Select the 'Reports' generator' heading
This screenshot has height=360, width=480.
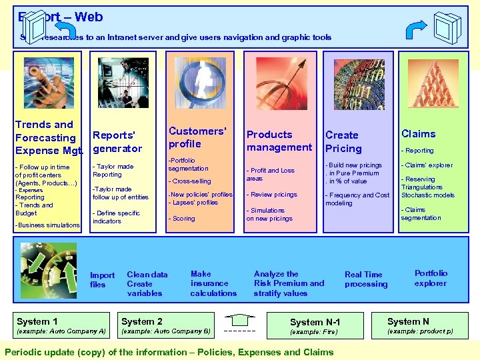coord(117,142)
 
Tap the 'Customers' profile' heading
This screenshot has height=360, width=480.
coord(197,137)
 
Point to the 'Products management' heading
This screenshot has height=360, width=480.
coord(279,141)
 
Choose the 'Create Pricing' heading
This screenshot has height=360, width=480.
coord(343,142)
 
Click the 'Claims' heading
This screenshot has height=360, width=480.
coord(418,134)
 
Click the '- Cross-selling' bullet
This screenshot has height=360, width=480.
coord(190,181)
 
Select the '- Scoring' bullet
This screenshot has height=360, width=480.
coord(182,219)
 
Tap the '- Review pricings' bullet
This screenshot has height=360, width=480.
coord(272,195)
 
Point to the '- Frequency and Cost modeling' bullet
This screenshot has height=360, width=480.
coord(357,199)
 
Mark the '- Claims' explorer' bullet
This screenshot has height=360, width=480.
coord(427,165)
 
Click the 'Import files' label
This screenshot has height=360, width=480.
coord(102,280)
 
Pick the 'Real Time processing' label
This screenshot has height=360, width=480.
coord(365,279)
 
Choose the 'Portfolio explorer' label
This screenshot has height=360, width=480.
coord(431,278)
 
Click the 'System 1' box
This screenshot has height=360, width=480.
coord(61,325)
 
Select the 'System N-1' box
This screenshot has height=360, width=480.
coord(315,326)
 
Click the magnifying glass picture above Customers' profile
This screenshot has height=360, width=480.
coord(197,83)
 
